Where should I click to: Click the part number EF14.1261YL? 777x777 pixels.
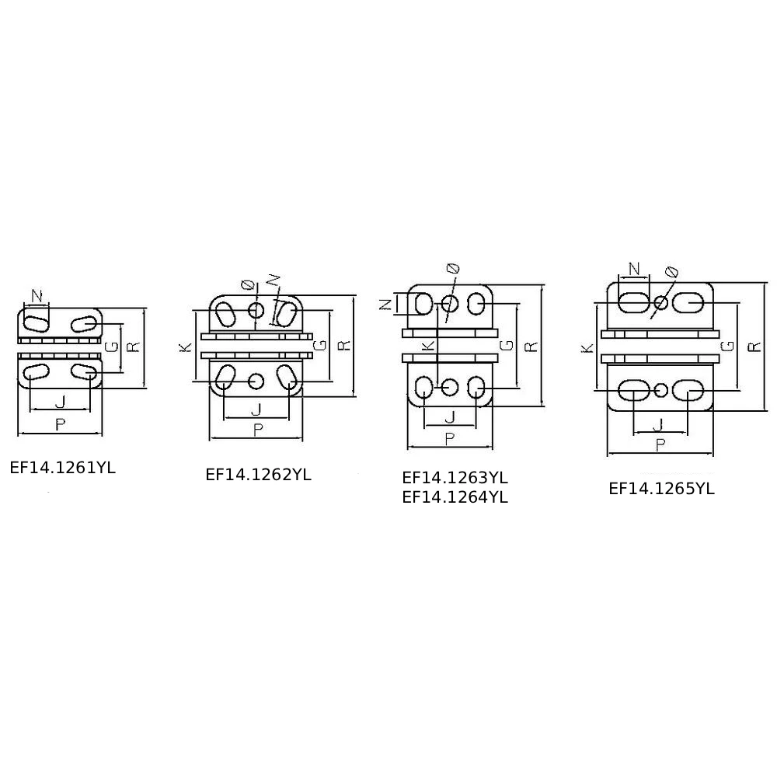click(62, 468)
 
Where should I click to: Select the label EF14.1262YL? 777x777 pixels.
click(258, 475)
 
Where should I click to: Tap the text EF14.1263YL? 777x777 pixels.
click(455, 478)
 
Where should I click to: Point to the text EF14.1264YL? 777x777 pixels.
click(455, 497)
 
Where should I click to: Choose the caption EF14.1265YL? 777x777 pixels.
click(661, 489)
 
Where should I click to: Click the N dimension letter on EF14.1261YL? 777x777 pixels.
click(37, 296)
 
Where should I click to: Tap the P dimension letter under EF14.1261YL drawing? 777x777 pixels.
click(60, 425)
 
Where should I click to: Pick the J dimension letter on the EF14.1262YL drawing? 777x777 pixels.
click(256, 409)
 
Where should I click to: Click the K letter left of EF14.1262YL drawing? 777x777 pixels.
click(186, 346)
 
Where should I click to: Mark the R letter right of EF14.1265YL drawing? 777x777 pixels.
click(754, 347)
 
